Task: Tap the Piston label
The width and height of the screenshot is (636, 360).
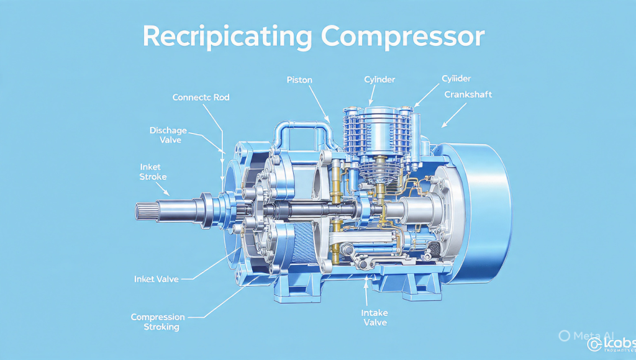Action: pyautogui.click(x=299, y=79)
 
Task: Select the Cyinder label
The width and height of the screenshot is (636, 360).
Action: pyautogui.click(x=379, y=79)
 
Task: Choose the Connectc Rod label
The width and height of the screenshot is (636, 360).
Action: pyautogui.click(x=201, y=97)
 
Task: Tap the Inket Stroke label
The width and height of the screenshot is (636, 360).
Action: pyautogui.click(x=153, y=172)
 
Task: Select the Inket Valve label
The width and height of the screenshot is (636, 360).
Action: pyautogui.click(x=156, y=279)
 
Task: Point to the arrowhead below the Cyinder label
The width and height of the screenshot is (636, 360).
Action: pyautogui.click(x=371, y=100)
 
